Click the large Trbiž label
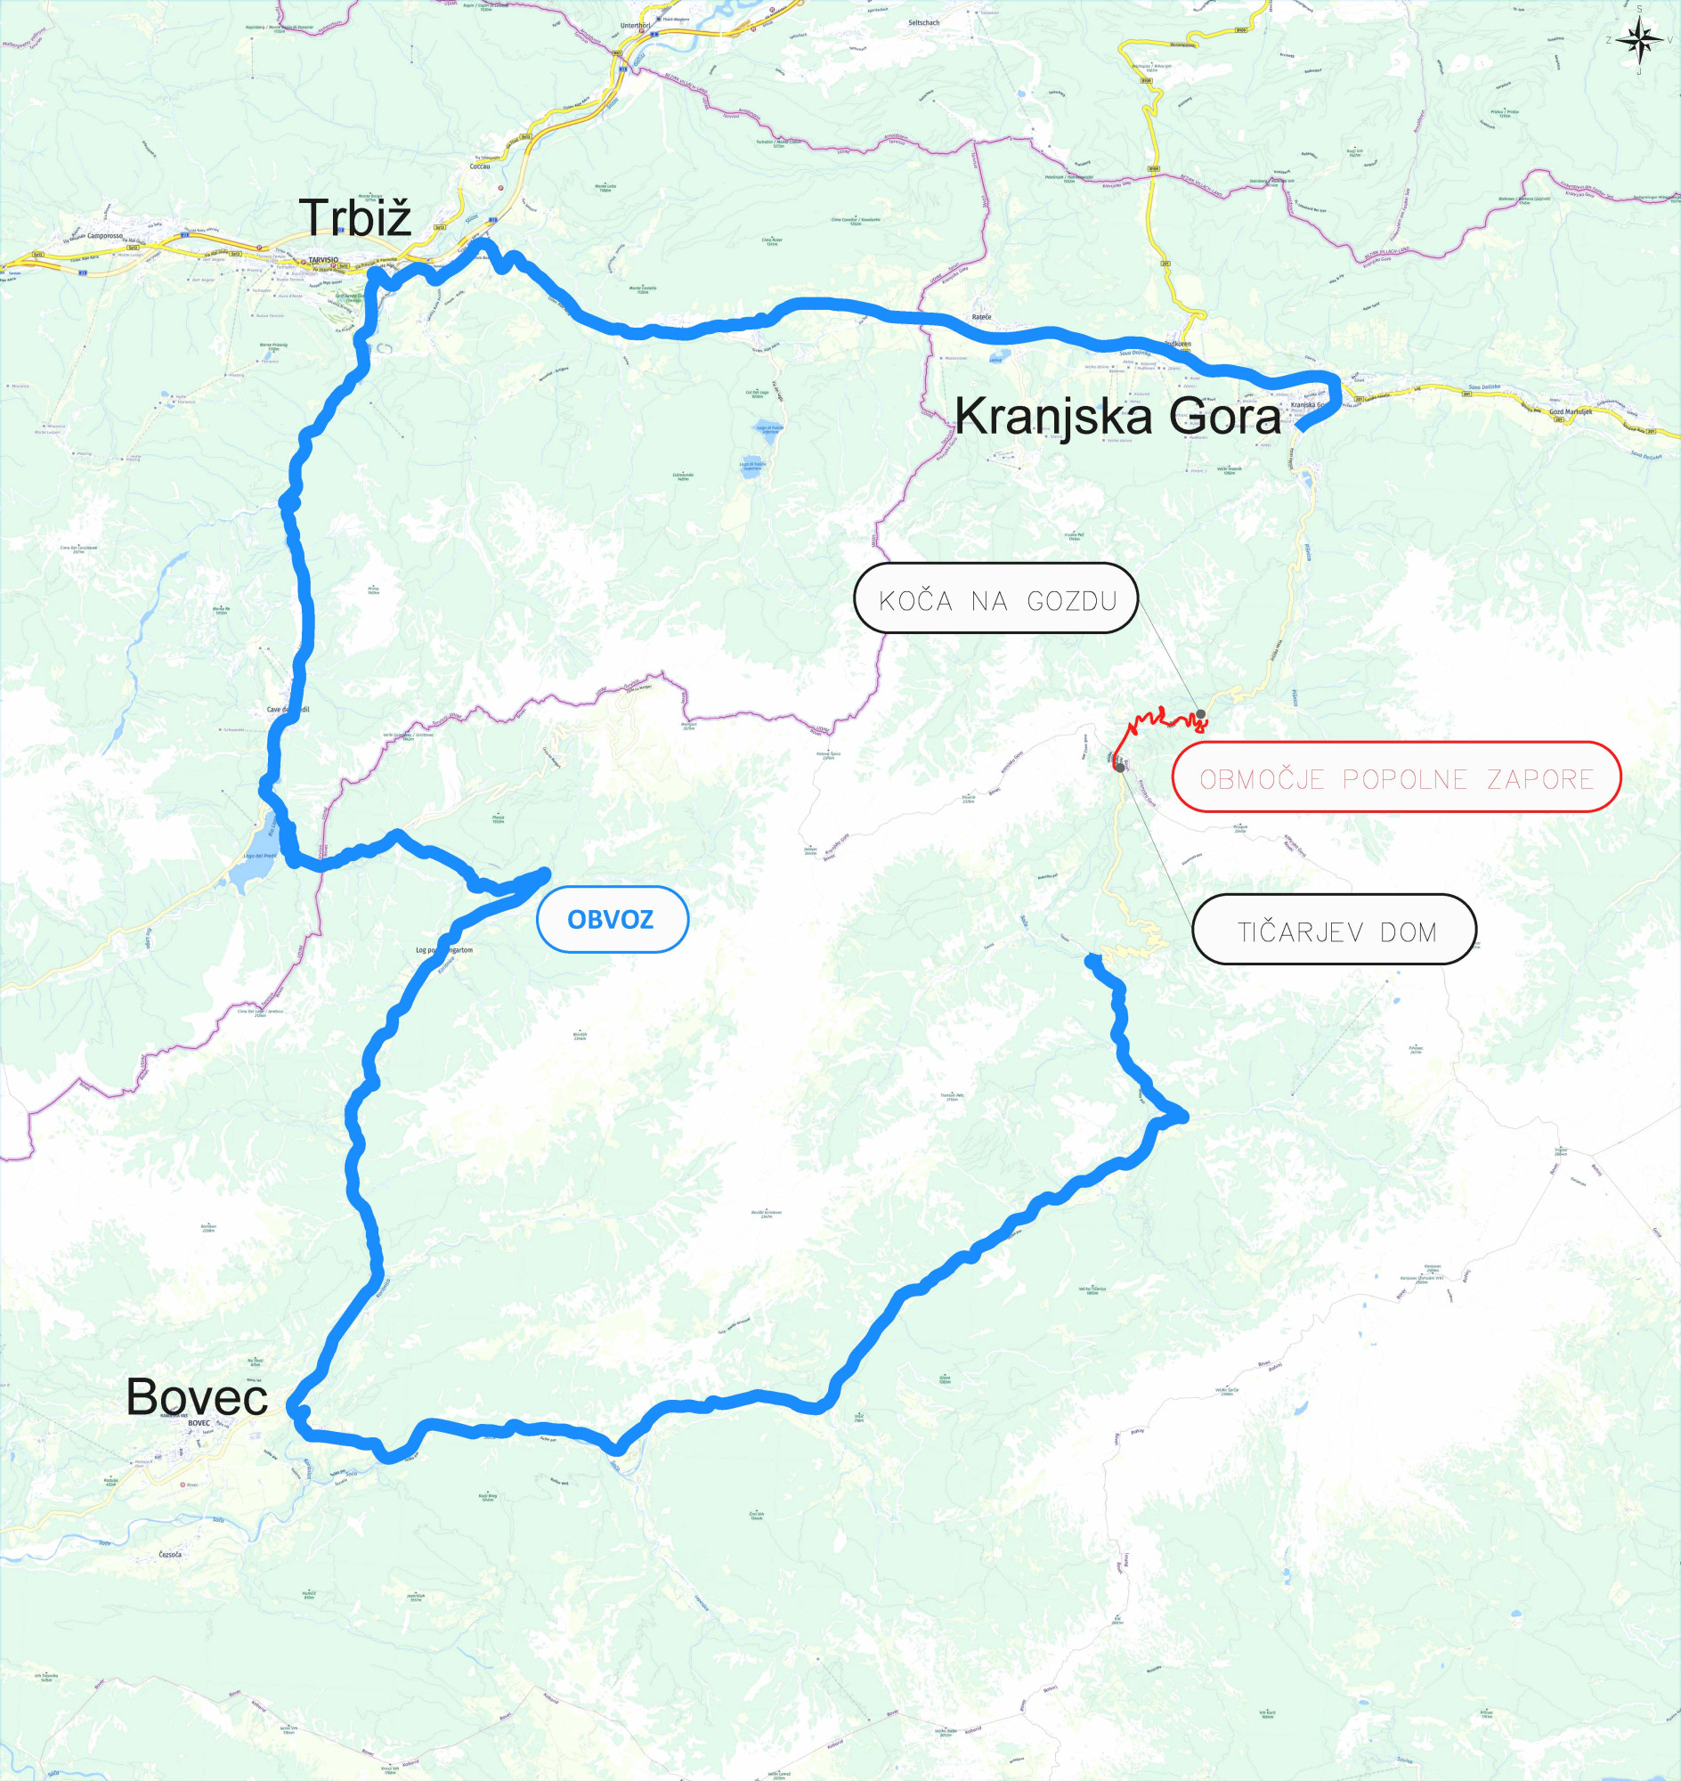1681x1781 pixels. click(x=355, y=218)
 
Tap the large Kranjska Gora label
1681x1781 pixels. click(x=1117, y=417)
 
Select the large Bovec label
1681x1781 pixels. click(x=196, y=1396)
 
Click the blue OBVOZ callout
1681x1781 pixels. click(x=611, y=919)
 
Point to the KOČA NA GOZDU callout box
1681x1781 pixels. click(x=996, y=598)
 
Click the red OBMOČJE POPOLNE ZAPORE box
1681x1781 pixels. click(x=1396, y=777)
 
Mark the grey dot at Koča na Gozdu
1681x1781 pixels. click(x=1202, y=714)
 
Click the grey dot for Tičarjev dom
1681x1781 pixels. click(x=1120, y=769)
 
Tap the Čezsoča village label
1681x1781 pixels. click(x=170, y=1554)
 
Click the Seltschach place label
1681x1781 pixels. click(x=924, y=21)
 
